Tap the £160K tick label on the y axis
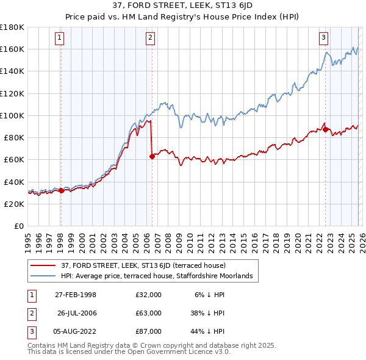(12, 49)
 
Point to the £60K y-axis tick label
(14, 159)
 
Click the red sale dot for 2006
(151, 156)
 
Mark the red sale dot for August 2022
(325, 129)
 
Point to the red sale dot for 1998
(61, 190)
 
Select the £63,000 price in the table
(148, 313)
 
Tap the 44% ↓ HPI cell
(207, 331)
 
